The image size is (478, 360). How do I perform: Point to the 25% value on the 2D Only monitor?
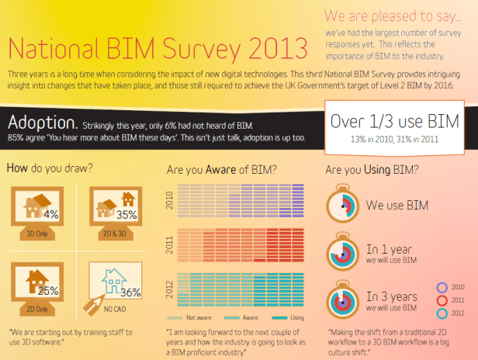click(x=48, y=291)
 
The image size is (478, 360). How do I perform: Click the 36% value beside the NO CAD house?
click(x=130, y=292)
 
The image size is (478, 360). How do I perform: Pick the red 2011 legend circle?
click(x=442, y=300)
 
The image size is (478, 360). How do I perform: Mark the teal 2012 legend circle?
click(x=442, y=313)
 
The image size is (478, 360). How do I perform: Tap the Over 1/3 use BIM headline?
click(x=394, y=121)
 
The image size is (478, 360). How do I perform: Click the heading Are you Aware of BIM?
click(x=223, y=168)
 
